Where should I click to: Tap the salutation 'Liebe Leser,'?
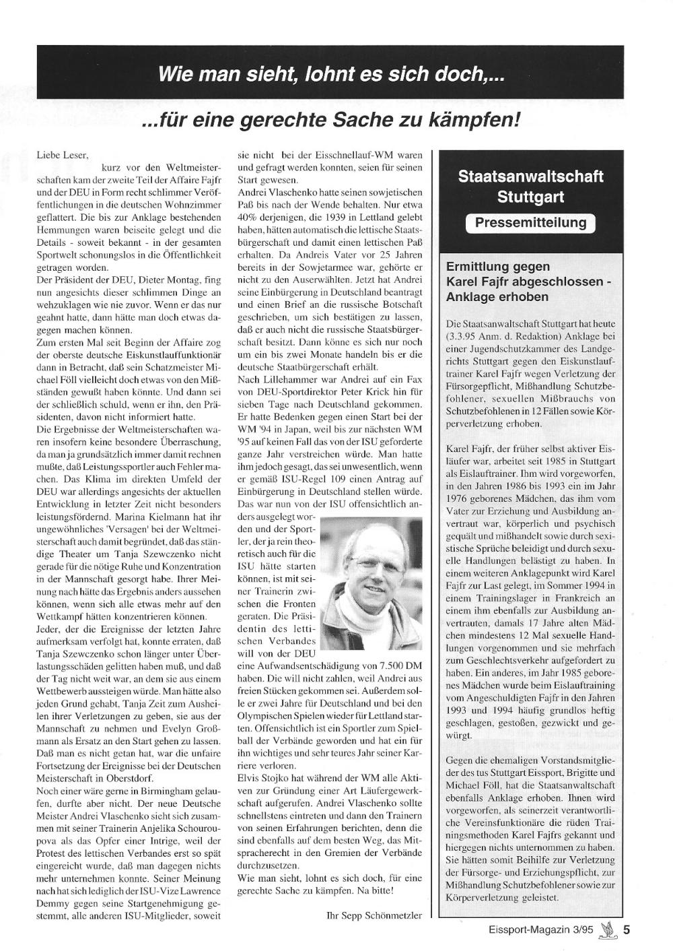62,155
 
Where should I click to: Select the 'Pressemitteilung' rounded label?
530,223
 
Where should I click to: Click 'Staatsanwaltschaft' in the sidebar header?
530,177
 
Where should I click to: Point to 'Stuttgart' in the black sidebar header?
530,197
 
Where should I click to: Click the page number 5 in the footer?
627,930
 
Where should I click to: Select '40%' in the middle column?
248,218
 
